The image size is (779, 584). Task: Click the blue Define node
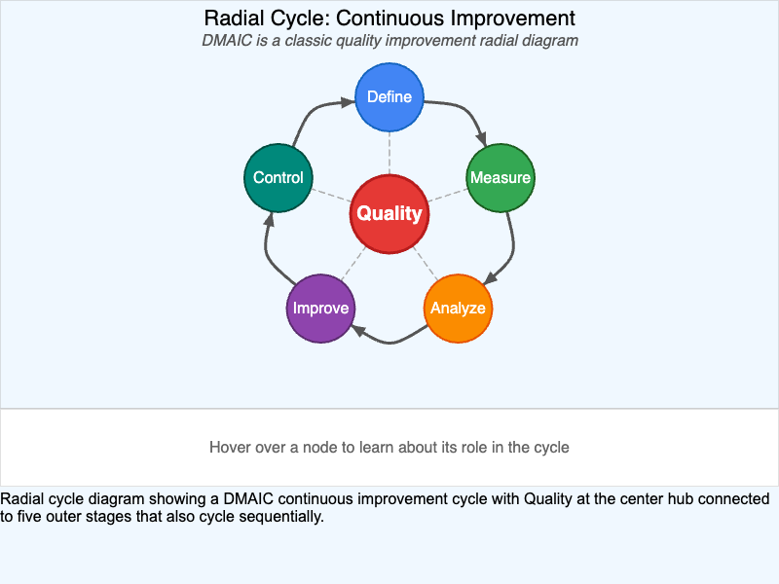[389, 97]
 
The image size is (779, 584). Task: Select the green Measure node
[501, 178]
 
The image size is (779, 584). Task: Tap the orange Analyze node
[458, 309]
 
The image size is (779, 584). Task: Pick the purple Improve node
[321, 309]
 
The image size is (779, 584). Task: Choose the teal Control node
[278, 178]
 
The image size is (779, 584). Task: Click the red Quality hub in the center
[389, 214]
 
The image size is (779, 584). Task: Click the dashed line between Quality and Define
[389, 152]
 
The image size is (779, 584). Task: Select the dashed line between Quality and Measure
[448, 195]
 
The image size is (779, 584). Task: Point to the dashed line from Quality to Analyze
[424, 261]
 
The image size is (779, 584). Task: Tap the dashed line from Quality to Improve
[355, 261]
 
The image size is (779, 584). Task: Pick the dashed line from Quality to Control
[331, 195]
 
